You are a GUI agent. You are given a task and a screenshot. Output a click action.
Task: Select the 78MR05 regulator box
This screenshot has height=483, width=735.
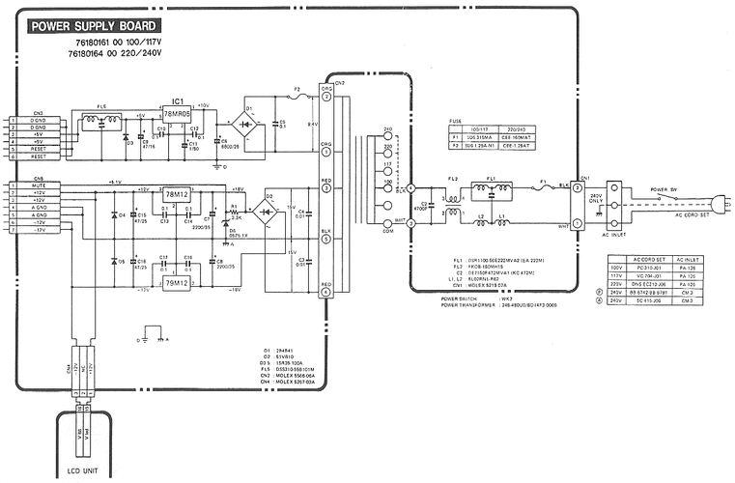(177, 113)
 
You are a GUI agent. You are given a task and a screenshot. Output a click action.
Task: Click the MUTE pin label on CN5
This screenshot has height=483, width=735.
(39, 188)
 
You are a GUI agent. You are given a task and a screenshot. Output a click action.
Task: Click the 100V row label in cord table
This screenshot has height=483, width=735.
(614, 271)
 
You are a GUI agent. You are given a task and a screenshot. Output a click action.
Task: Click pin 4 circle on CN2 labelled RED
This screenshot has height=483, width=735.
(326, 292)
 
